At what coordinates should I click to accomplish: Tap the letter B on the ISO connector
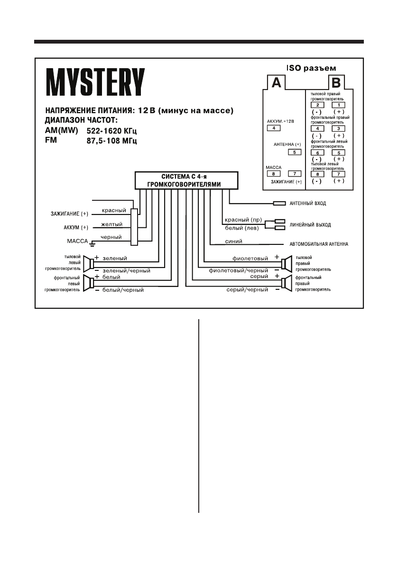click(335, 83)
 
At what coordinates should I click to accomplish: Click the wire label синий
click(234, 242)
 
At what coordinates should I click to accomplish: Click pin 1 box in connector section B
click(338, 105)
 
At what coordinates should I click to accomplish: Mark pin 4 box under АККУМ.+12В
click(274, 128)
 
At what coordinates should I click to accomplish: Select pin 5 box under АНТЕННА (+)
click(295, 152)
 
